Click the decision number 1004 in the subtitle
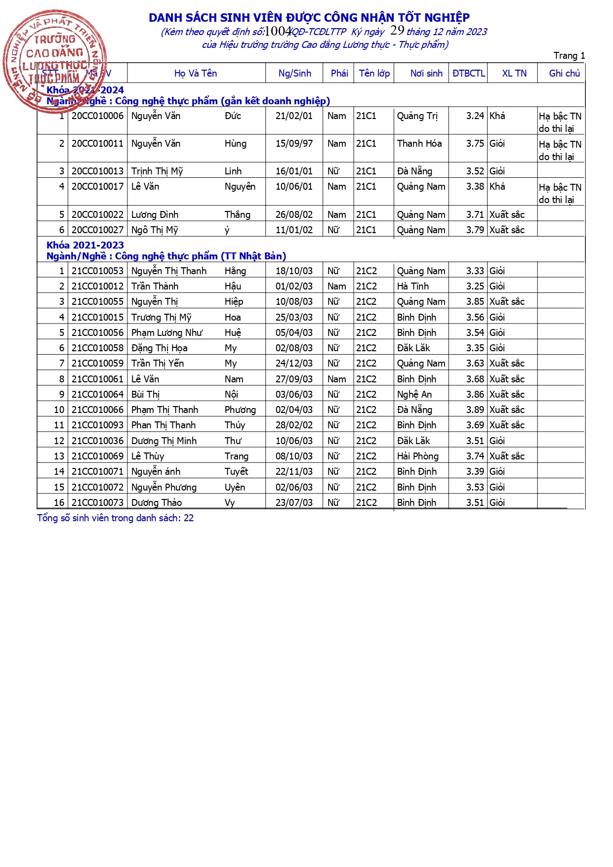(278, 32)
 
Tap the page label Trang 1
(569, 56)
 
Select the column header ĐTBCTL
(468, 74)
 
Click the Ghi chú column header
(564, 74)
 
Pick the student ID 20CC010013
(97, 171)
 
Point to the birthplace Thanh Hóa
(419, 144)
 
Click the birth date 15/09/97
(294, 144)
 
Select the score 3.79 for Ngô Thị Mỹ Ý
(475, 230)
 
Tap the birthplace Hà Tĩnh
(413, 287)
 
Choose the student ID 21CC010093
(97, 425)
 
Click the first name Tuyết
(237, 472)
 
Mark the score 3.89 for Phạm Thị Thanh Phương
(475, 410)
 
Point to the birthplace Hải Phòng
(418, 456)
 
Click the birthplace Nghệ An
(414, 395)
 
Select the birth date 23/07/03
(294, 503)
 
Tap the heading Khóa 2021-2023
(85, 246)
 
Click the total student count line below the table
(115, 518)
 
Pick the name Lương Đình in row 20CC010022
(155, 215)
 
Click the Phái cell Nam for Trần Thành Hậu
(336, 287)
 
